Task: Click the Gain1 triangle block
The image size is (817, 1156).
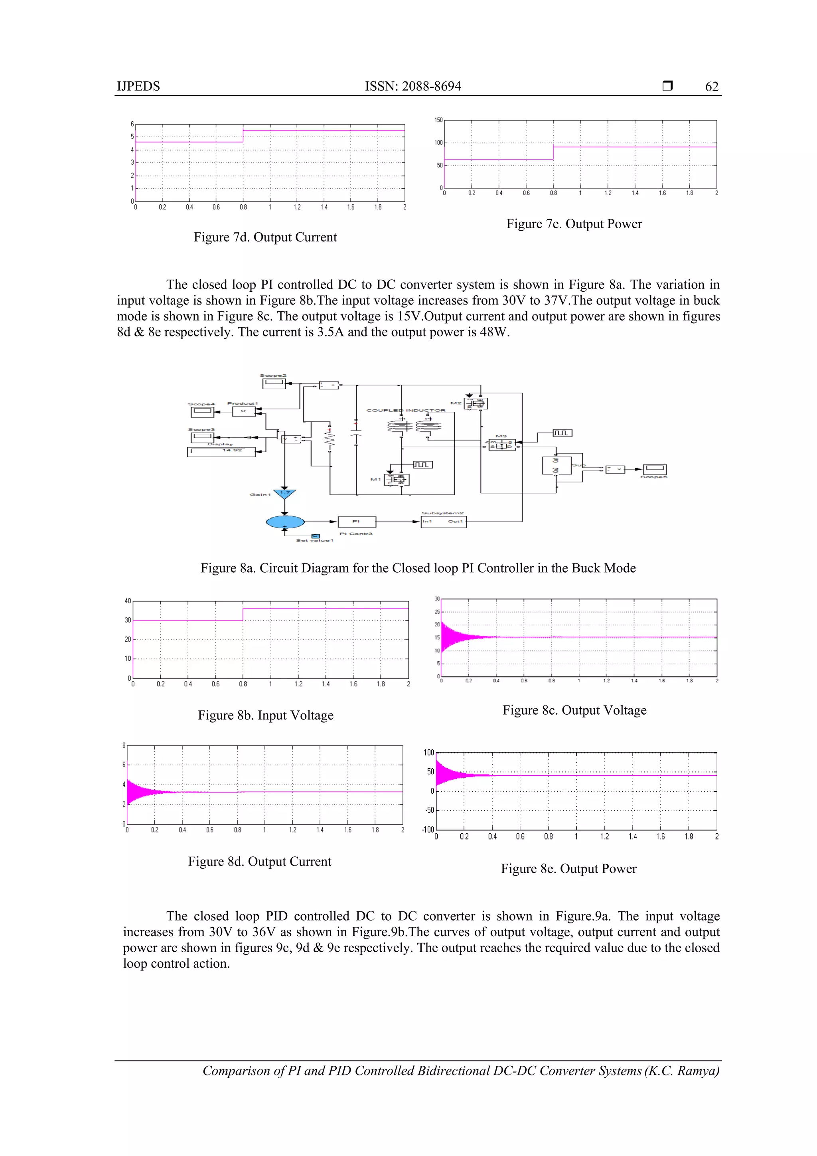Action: [x=284, y=494]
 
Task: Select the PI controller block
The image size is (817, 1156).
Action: [x=356, y=522]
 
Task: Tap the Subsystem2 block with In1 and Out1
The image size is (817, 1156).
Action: [x=443, y=522]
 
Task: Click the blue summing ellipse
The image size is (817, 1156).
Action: [x=285, y=522]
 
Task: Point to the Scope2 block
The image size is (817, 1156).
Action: [x=274, y=383]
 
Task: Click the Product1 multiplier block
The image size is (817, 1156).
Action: [x=243, y=412]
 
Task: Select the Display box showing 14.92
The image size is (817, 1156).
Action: [x=221, y=452]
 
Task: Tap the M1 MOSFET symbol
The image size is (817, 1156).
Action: [x=397, y=480]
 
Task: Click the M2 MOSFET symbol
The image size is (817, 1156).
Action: [x=476, y=403]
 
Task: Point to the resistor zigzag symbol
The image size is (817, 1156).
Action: [x=330, y=440]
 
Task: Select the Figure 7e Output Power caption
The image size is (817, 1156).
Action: [x=574, y=224]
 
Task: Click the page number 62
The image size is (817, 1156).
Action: [x=711, y=87]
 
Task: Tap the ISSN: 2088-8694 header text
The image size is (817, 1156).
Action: [x=413, y=87]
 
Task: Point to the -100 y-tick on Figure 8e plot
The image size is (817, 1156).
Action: [x=428, y=830]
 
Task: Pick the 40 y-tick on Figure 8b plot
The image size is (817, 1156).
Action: [x=128, y=601]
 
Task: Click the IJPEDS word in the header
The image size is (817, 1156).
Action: [x=138, y=87]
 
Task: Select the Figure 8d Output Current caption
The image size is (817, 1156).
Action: [x=260, y=862]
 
